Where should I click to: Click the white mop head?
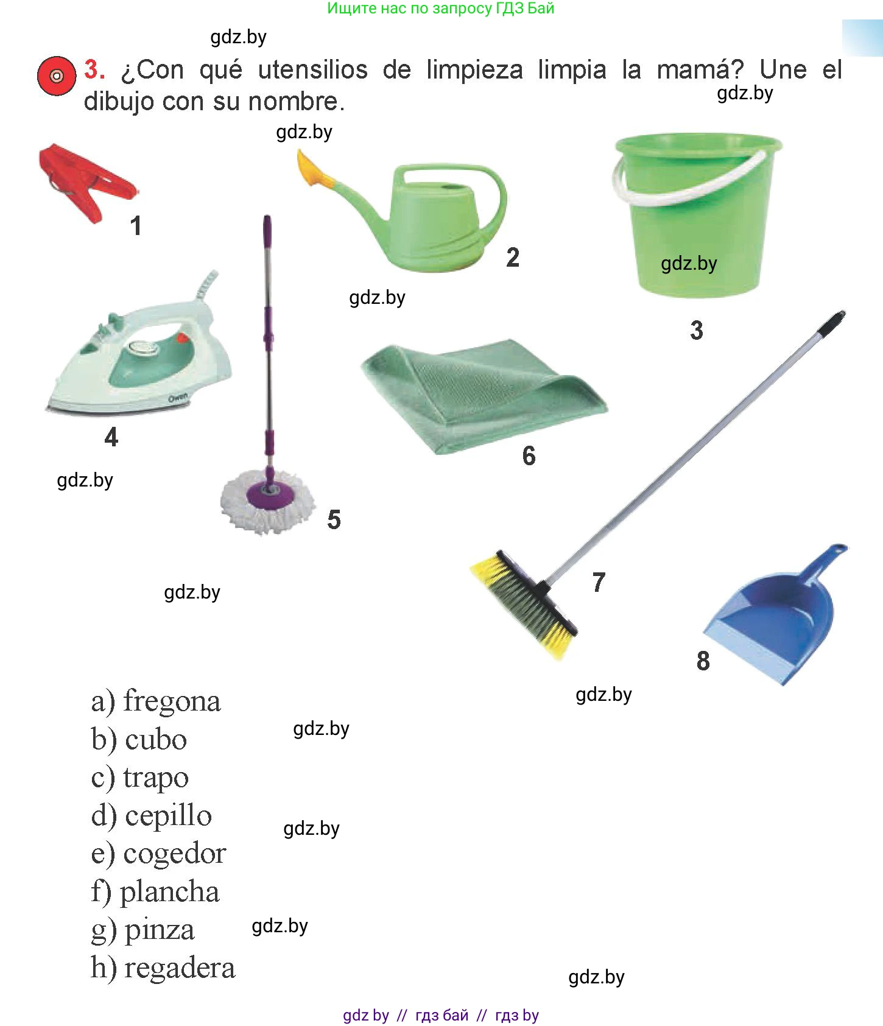268,501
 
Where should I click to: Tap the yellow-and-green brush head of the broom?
524,603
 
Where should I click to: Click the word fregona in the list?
172,701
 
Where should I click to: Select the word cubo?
156,740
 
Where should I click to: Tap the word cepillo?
168,816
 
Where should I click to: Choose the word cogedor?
175,854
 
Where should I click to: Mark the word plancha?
169,892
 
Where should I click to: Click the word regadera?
180,968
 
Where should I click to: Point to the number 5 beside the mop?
334,520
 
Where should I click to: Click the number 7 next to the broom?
599,583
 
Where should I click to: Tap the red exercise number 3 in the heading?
94,69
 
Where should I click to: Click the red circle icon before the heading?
57,76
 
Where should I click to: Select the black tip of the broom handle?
832,323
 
